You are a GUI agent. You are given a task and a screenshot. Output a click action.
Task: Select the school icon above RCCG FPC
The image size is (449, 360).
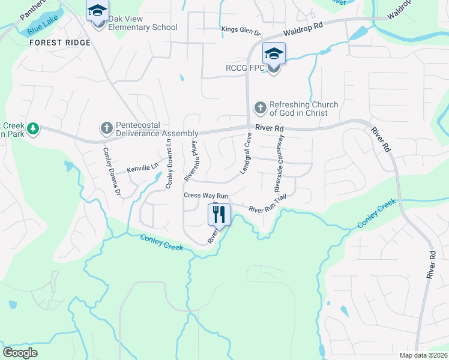pyautogui.click(x=274, y=53)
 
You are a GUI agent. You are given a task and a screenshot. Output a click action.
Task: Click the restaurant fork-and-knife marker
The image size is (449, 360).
pyautogui.click(x=219, y=214)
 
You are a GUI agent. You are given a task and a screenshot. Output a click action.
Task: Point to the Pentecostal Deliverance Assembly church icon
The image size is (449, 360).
pyautogui.click(x=106, y=128)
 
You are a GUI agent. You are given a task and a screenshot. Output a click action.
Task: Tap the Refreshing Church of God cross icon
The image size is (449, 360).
pyautogui.click(x=260, y=108)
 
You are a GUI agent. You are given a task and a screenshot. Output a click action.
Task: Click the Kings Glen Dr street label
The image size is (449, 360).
pyautogui.click(x=241, y=31)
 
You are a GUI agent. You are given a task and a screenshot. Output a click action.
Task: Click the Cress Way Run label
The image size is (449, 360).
pyautogui.click(x=206, y=196)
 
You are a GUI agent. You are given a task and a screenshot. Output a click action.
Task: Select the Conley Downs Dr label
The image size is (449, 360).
pyautogui.click(x=112, y=172)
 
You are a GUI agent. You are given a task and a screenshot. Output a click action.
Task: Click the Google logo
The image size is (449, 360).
pyautogui.click(x=20, y=353)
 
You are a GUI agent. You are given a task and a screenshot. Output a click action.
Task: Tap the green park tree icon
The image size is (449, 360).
pyautogui.click(x=34, y=128)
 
